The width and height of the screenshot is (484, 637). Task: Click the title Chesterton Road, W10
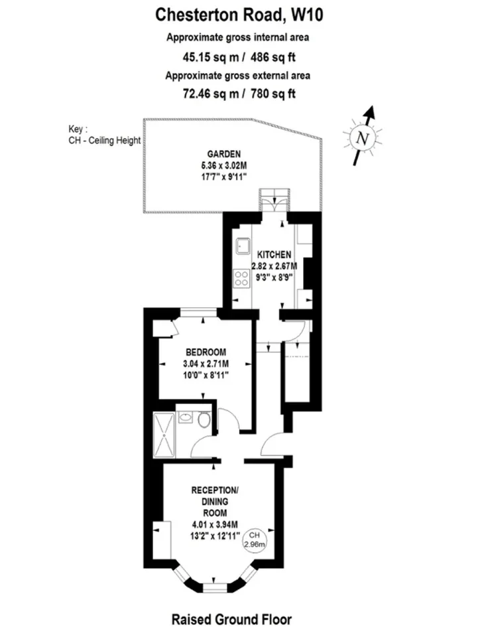point(239,15)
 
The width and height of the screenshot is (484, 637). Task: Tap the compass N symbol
point(362,138)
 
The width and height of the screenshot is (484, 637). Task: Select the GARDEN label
point(223,154)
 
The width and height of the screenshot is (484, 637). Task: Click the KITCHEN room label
point(274,255)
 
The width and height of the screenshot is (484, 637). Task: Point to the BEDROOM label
point(206,352)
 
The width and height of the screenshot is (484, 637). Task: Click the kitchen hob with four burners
point(241,279)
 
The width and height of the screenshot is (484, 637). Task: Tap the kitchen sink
point(243,246)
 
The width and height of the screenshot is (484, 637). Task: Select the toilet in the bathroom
point(204,419)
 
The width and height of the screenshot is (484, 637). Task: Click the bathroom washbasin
point(185,417)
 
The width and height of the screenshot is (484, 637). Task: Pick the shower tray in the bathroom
point(164,435)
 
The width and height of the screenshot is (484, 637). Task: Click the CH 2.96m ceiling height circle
point(255,539)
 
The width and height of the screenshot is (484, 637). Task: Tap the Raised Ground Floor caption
point(231,620)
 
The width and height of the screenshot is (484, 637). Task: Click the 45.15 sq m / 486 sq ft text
point(239,57)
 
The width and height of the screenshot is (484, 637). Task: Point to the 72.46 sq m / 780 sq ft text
point(239,94)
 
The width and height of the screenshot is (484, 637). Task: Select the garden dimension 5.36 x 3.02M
point(223,165)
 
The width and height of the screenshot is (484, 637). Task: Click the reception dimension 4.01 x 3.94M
point(215,524)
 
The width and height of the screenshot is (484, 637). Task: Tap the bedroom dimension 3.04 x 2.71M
point(206,364)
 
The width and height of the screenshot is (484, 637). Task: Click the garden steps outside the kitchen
point(275,200)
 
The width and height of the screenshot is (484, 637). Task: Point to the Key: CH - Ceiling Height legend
point(104,135)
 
